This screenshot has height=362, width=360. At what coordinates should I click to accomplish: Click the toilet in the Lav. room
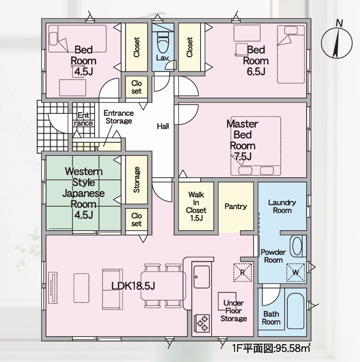(163, 42)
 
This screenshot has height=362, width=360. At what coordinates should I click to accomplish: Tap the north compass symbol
(337, 41)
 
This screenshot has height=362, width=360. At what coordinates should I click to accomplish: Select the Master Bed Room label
(243, 140)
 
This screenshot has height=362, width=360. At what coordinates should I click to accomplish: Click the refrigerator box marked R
(243, 272)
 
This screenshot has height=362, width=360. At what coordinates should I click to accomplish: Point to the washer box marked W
(296, 272)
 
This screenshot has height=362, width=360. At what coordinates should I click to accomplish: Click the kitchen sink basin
(201, 277)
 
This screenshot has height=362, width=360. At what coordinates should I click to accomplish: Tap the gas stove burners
(201, 323)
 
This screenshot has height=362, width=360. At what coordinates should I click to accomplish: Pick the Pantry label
(236, 206)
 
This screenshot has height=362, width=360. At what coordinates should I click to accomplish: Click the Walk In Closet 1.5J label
(196, 206)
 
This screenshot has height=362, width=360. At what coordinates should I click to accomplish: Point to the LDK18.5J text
(133, 286)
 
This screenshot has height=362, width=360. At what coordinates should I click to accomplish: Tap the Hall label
(163, 126)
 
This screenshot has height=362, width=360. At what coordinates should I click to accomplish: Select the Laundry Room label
(282, 207)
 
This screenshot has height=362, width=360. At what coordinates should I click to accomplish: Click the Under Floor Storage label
(233, 311)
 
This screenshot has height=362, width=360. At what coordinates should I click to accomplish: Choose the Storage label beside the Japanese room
(137, 179)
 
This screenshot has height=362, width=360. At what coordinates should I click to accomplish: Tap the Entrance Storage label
(119, 117)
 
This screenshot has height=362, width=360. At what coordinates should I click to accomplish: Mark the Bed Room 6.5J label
(256, 61)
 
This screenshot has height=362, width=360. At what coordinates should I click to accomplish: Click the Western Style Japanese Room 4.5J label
(83, 193)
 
